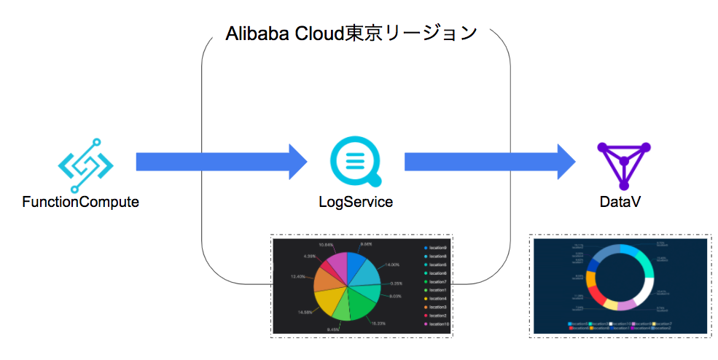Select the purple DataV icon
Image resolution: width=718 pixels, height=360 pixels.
623,165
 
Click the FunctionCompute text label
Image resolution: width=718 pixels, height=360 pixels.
81,203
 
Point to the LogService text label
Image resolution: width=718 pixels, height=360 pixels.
356,203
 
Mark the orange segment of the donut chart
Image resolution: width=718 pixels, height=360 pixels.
591,280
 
